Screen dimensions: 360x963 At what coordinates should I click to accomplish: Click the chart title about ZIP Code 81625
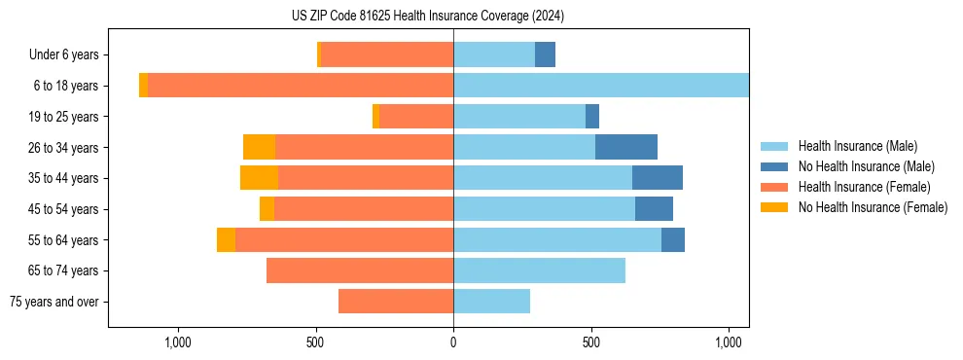(427, 17)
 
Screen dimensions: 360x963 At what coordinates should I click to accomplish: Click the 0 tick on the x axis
(453, 342)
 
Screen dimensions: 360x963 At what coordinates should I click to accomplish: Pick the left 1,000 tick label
(177, 342)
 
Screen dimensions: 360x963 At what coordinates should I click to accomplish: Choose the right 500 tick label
(591, 342)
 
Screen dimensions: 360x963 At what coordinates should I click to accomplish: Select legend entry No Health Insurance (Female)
(873, 207)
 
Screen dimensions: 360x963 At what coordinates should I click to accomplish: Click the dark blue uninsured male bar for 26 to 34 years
(626, 147)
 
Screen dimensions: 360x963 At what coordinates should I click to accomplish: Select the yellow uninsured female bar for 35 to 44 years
(259, 178)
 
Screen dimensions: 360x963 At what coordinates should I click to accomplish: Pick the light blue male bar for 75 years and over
(491, 302)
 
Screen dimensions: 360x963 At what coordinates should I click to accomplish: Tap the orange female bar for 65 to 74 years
(360, 270)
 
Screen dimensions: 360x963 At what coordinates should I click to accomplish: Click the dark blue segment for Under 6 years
(545, 54)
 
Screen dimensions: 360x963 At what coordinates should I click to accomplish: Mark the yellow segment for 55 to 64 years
(226, 239)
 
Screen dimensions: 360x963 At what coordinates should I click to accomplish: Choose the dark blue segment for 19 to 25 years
(592, 117)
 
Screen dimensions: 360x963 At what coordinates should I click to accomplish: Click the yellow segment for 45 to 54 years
(267, 209)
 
